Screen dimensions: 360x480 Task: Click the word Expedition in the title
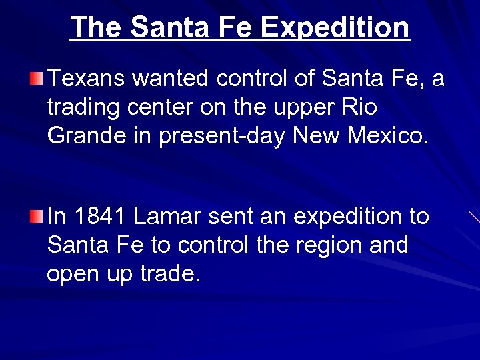(335, 28)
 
